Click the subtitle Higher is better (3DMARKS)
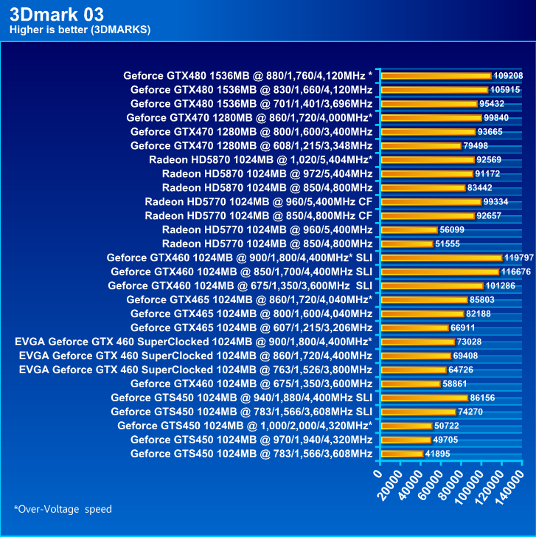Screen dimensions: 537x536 point(80,30)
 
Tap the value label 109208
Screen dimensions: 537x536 point(508,75)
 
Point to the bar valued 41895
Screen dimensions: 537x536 point(401,454)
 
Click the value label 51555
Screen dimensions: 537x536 point(450,243)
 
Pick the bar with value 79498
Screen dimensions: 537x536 point(420,145)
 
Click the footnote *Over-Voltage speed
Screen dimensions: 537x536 point(63,509)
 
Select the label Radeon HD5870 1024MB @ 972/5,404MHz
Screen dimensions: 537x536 point(267,173)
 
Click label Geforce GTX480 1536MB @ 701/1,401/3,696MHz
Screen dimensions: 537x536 point(251,103)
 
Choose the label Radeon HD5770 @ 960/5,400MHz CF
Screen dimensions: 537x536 point(258,201)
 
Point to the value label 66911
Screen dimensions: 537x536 point(467,328)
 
